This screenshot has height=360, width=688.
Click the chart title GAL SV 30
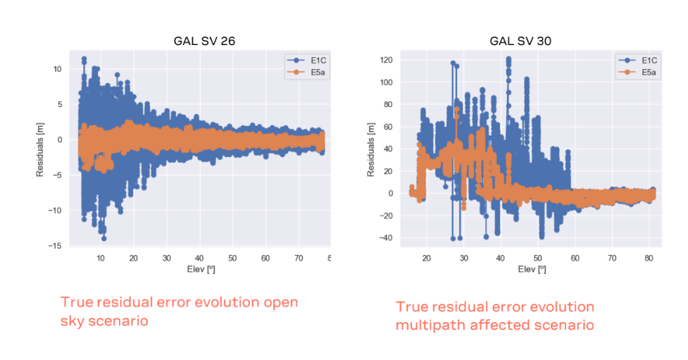520,41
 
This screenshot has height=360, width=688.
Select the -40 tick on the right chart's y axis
384,238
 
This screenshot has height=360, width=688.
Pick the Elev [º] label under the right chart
528,269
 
